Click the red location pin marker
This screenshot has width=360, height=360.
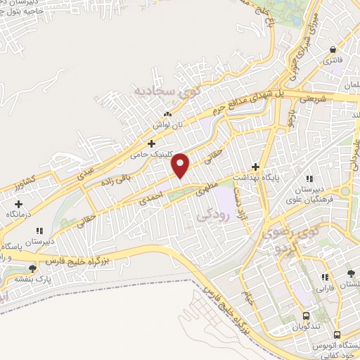click(x=181, y=165)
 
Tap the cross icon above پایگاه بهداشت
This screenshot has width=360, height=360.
click(x=255, y=167)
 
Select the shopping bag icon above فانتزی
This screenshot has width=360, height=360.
click(x=333, y=49)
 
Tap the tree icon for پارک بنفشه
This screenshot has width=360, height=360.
click(x=32, y=268)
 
